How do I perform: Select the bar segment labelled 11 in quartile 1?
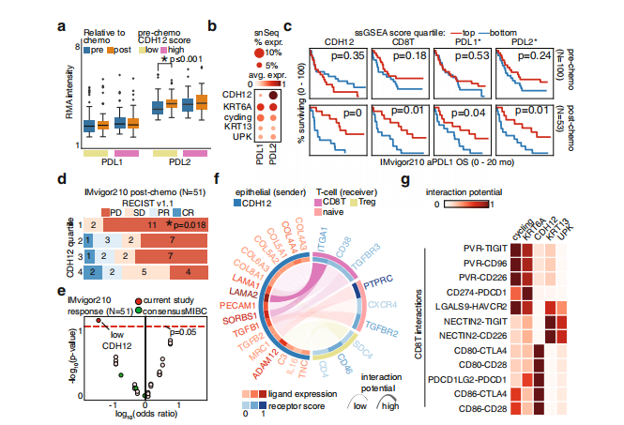(151, 225)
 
